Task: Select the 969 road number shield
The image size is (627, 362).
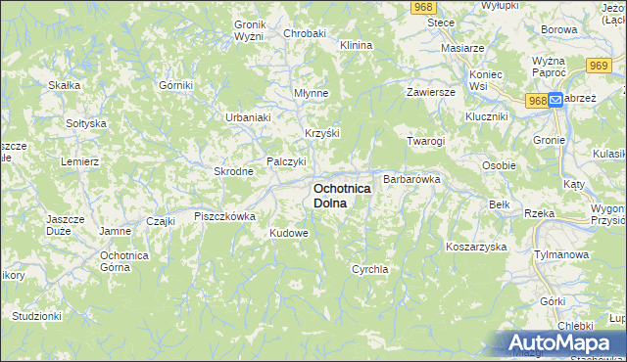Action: pos(600,65)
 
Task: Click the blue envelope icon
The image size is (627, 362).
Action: pos(555,100)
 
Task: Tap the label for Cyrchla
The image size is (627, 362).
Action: pos(370,268)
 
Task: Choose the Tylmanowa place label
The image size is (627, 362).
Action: pos(559,252)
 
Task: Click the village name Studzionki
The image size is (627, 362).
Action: pos(37,316)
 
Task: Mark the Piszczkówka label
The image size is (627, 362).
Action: pos(224,216)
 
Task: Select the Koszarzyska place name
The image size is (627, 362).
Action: pos(475,247)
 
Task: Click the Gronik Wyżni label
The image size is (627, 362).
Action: pos(250,30)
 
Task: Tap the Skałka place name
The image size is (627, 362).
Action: pos(64,85)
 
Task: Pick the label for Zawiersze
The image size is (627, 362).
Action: pos(432,92)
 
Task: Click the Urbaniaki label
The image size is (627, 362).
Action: pos(248,117)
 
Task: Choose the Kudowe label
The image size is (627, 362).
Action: pos(289,234)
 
